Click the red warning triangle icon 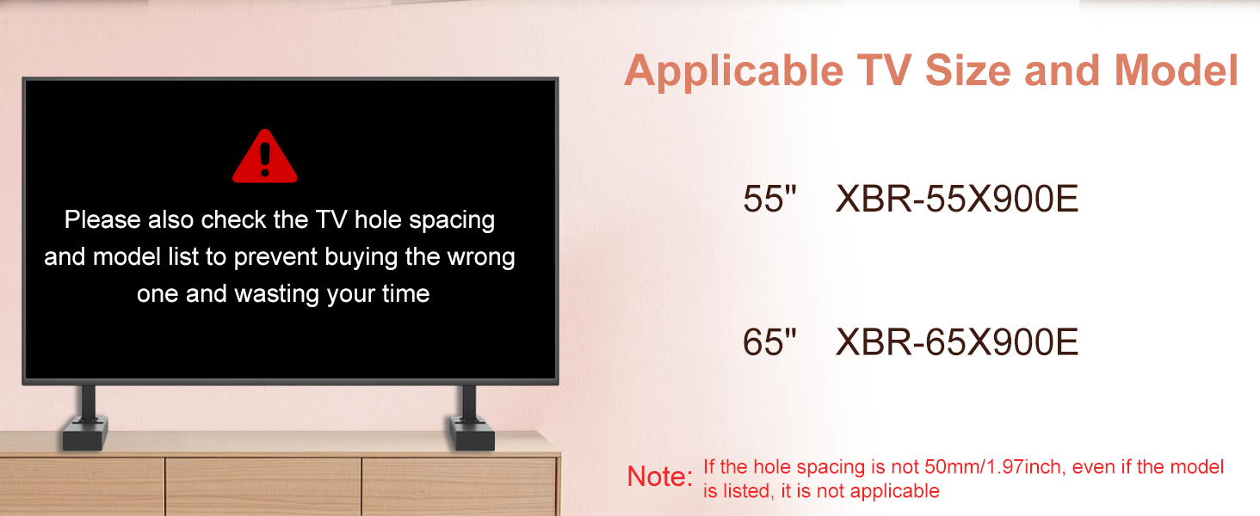[264, 157]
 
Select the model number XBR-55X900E [957, 199]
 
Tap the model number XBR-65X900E [957, 341]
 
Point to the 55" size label [769, 199]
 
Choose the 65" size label [769, 341]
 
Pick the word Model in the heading [1177, 71]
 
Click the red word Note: [660, 476]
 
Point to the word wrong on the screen [481, 257]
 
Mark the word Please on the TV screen [102, 219]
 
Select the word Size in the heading [967, 71]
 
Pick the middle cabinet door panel [263, 486]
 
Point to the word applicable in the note [894, 492]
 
